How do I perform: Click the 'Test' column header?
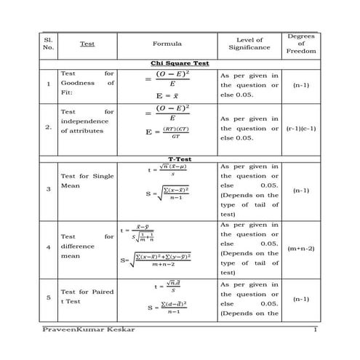[87, 44]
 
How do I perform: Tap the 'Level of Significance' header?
[249, 44]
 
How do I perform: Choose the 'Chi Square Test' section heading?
[179, 63]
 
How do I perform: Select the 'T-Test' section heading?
[179, 159]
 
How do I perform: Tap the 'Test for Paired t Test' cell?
[87, 297]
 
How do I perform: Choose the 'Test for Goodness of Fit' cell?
[87, 84]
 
